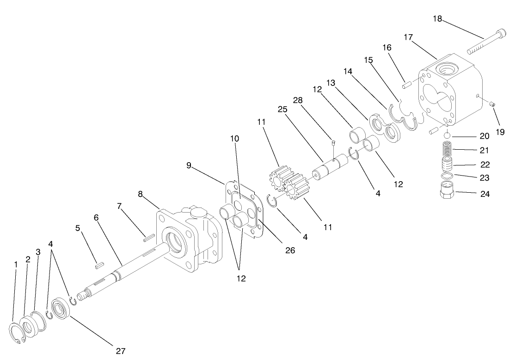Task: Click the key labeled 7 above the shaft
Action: click(x=148, y=238)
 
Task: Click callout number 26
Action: click(x=290, y=250)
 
